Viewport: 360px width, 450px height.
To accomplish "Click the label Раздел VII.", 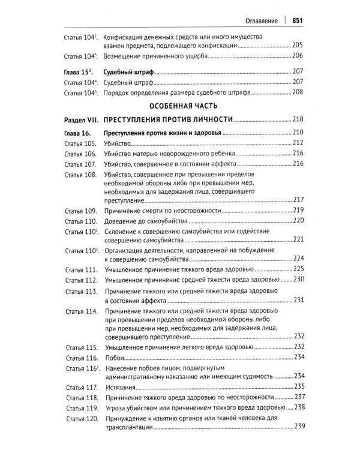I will [80, 119].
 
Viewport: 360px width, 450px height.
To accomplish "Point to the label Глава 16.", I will [78, 132].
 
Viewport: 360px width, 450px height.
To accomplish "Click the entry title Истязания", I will [121, 386].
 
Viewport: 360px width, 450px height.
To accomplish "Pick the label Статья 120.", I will [80, 418].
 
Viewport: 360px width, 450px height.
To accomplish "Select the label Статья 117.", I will [80, 386].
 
